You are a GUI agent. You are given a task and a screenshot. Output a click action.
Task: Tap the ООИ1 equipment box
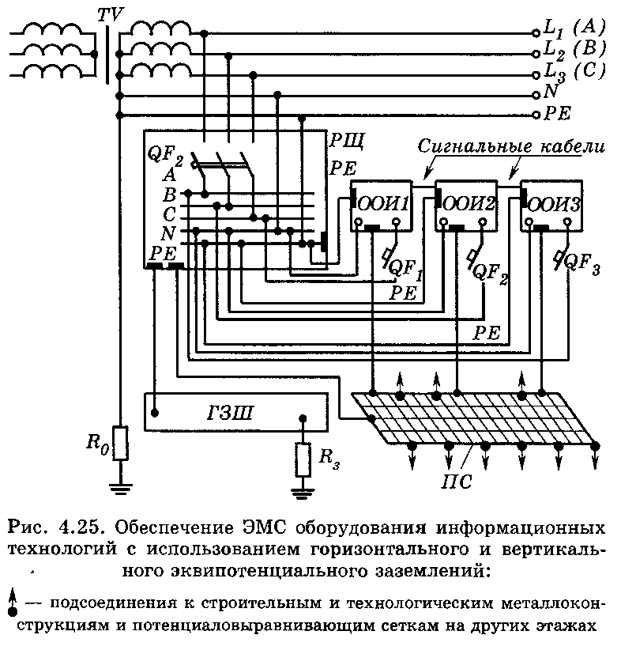[x=382, y=205]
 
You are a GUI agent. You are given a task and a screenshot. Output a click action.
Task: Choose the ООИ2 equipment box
[x=467, y=205]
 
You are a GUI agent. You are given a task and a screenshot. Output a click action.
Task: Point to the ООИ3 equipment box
[x=552, y=205]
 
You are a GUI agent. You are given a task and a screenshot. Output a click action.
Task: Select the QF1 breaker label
[x=404, y=270]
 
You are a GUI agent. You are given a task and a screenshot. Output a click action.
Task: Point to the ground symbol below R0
[x=119, y=486]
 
